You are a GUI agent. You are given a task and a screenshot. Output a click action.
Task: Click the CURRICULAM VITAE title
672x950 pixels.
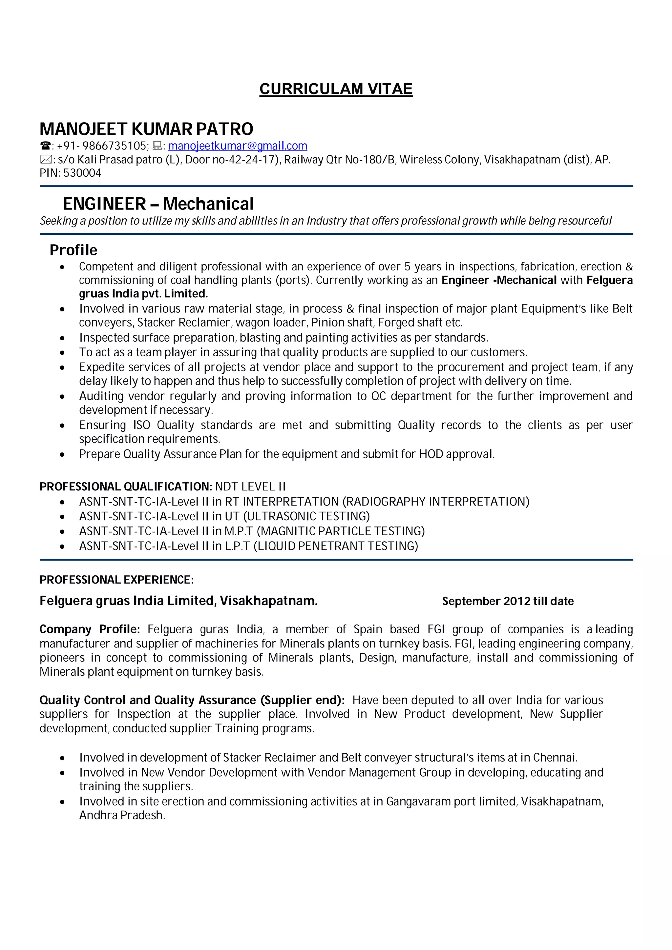click(x=336, y=89)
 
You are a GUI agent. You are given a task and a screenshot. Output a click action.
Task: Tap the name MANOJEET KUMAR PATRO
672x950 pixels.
click(x=146, y=129)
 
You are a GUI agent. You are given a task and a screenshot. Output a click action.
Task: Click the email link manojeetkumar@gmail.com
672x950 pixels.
click(x=237, y=146)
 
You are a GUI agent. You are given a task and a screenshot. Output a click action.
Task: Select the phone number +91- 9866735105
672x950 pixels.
click(x=101, y=146)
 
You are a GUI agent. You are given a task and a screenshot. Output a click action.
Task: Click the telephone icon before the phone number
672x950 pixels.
click(x=45, y=146)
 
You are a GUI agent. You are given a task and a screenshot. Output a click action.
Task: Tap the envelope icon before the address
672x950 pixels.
click(x=46, y=159)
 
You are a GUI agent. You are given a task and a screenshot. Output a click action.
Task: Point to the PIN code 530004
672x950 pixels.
click(x=82, y=173)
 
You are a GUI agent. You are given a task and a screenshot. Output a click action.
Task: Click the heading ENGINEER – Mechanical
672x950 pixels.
click(x=158, y=204)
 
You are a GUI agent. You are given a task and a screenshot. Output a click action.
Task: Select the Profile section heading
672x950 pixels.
click(x=73, y=250)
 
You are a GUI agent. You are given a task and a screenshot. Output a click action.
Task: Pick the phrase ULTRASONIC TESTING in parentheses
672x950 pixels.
click(x=306, y=516)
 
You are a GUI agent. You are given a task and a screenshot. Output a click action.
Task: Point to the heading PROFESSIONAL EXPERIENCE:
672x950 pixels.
click(x=116, y=580)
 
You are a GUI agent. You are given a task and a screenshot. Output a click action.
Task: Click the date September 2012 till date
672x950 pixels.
click(x=508, y=601)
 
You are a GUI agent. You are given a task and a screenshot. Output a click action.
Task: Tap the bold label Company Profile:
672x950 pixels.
click(x=90, y=629)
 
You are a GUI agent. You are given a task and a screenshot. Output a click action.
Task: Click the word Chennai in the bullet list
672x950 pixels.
click(x=555, y=758)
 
